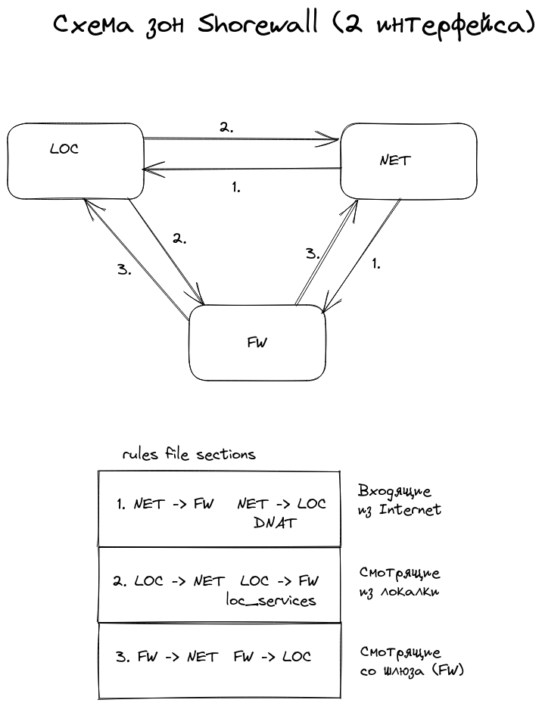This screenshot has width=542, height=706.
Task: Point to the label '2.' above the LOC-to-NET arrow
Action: coord(226,128)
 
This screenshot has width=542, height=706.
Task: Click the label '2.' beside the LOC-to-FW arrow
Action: coord(179,238)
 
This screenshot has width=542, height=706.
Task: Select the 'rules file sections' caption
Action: coord(189,455)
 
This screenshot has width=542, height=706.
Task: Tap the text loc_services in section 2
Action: coord(271,600)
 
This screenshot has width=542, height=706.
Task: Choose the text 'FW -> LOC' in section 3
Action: coord(273,657)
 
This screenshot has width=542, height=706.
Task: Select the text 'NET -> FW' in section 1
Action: coord(173,504)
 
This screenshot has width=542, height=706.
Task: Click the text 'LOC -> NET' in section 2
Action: coord(179,581)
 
